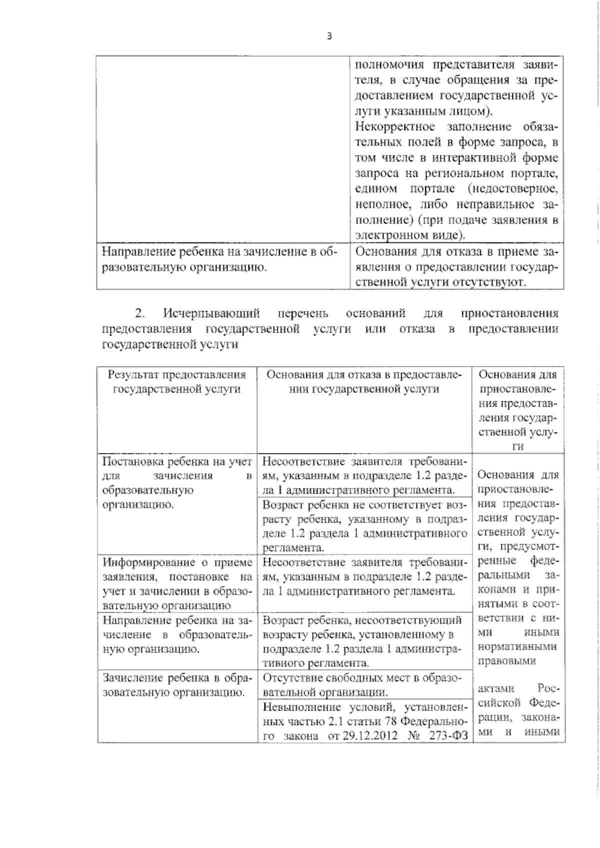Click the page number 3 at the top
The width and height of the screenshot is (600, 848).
[x=329, y=36]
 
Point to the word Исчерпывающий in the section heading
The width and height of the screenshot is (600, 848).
[x=211, y=313]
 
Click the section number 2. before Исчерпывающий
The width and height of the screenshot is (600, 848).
[x=140, y=313]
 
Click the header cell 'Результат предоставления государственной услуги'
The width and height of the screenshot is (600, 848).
[x=177, y=381]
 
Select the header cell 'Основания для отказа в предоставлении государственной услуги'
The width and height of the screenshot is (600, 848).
[x=364, y=381]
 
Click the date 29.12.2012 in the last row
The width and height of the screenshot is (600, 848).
[x=370, y=736]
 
